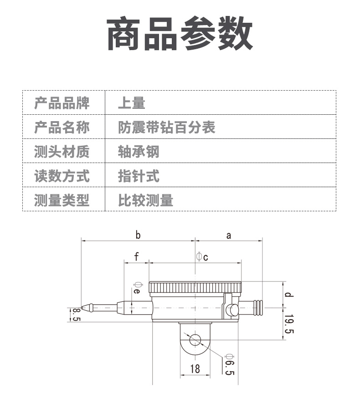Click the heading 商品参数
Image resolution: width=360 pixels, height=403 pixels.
tap(180, 33)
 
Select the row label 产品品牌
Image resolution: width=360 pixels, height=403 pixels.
tap(62, 103)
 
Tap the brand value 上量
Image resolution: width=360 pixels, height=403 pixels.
tap(132, 103)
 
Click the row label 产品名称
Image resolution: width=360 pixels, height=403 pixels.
tap(62, 127)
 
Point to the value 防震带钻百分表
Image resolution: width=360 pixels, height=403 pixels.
tap(167, 127)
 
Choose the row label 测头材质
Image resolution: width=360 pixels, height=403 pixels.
tap(62, 151)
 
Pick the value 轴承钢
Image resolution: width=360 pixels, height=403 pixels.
tap(139, 151)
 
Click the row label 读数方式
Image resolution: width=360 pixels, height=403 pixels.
tap(62, 176)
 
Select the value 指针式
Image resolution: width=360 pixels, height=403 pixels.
tap(139, 176)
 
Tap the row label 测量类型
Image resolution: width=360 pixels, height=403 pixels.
tap(62, 200)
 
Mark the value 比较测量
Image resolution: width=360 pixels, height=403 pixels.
tap(145, 200)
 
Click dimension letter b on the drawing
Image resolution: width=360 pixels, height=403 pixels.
tap(138, 235)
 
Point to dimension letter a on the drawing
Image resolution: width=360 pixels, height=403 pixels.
tap(229, 236)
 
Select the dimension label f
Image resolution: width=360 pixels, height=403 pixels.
tap(136, 256)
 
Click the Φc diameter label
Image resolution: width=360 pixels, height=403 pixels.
tap(202, 257)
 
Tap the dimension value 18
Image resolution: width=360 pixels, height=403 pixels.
tap(195, 369)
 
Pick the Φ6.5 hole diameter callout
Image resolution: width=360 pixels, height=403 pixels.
tap(229, 365)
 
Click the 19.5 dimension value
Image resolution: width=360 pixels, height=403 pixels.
tap(289, 324)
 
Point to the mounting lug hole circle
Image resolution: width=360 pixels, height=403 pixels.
tap(195, 340)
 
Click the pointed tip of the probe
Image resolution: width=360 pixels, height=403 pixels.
tap(82, 308)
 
